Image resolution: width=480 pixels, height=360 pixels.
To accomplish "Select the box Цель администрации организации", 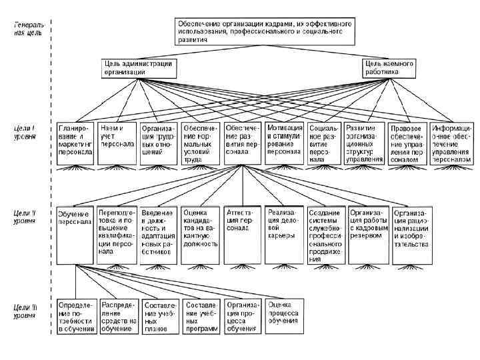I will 138,67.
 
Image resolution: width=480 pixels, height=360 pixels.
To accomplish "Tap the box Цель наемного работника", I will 389,67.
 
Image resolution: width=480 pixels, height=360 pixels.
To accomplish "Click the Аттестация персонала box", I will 243,220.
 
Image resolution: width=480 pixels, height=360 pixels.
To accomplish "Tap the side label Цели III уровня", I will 26,310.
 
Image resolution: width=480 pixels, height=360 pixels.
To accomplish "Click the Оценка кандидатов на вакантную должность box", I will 201,227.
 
